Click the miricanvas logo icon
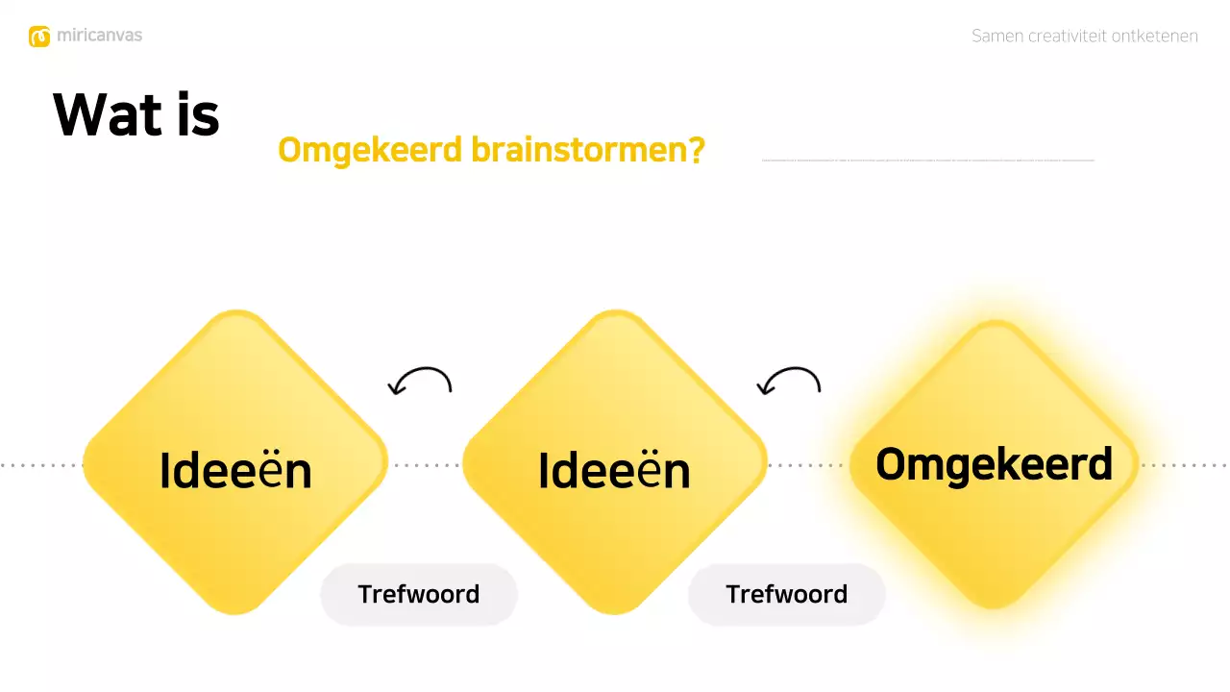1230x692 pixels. point(39,37)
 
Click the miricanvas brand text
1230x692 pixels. point(99,36)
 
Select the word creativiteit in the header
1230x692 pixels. point(1067,37)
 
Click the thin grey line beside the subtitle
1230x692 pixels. point(927,161)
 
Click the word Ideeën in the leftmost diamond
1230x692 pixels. point(235,471)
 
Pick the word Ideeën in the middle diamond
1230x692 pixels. point(614,471)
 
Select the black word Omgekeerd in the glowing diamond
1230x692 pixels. point(994,464)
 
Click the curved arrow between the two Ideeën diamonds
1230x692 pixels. point(420,382)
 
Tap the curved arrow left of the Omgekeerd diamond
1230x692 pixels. point(789,382)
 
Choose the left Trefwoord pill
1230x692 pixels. point(419,594)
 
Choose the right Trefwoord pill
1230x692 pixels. point(786,594)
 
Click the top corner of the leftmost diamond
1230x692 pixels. point(235,318)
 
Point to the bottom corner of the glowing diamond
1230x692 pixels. point(994,601)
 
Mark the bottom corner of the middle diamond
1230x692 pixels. point(614,607)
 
